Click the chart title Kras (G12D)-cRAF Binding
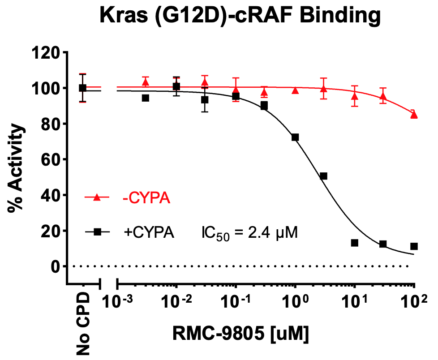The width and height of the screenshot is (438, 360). (x=240, y=17)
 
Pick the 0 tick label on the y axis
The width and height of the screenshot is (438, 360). (x=56, y=267)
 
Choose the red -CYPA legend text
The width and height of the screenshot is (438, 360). (x=146, y=198)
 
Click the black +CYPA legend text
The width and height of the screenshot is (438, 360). (x=148, y=232)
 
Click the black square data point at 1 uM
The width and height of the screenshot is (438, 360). (x=295, y=137)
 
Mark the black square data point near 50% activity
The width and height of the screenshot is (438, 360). (x=323, y=176)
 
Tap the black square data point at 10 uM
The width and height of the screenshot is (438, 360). (x=355, y=243)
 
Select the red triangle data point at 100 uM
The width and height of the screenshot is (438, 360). (x=414, y=115)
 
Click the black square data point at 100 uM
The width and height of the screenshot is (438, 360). (x=414, y=246)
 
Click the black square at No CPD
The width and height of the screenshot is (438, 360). (x=82, y=88)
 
